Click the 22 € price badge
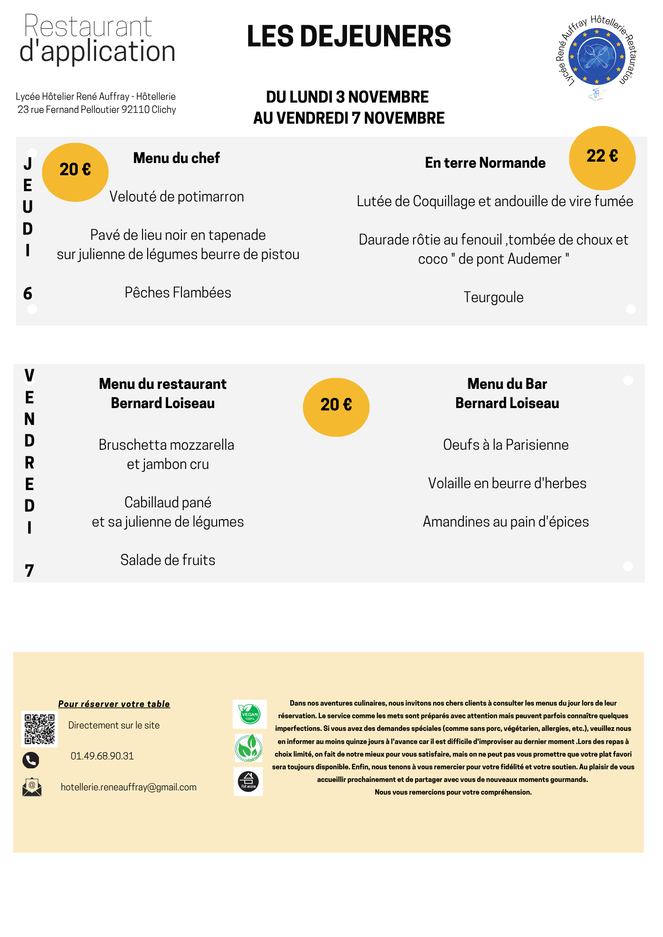pyautogui.click(x=602, y=157)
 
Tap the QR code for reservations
pyautogui.click(x=39, y=729)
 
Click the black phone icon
pyautogui.click(x=31, y=760)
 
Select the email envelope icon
pyautogui.click(x=32, y=787)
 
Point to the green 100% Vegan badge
pyautogui.click(x=249, y=714)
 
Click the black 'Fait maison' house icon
pyautogui.click(x=248, y=781)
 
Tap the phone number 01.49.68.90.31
pyautogui.click(x=102, y=756)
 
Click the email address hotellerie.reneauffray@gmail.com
pyautogui.click(x=128, y=787)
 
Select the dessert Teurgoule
pyautogui.click(x=493, y=297)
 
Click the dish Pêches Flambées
pyautogui.click(x=178, y=292)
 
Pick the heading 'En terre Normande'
pyautogui.click(x=485, y=163)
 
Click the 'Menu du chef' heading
pyautogui.click(x=176, y=158)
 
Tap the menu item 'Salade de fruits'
pyautogui.click(x=168, y=560)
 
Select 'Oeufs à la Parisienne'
pyautogui.click(x=506, y=445)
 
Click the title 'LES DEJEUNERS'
pyautogui.click(x=349, y=37)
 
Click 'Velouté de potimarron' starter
pyautogui.click(x=177, y=196)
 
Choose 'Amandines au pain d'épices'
pyautogui.click(x=506, y=521)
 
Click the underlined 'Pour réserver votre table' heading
pyautogui.click(x=114, y=704)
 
